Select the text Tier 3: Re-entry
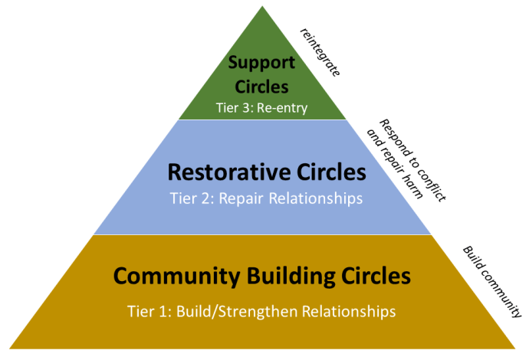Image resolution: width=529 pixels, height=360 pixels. click(262, 108)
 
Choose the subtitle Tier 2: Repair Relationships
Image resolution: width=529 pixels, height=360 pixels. click(265, 198)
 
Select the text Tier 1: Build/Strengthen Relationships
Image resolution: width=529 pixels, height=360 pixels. click(261, 312)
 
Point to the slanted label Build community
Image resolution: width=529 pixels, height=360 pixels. click(491, 280)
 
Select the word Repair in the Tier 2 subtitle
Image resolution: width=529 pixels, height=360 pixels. click(240, 198)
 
